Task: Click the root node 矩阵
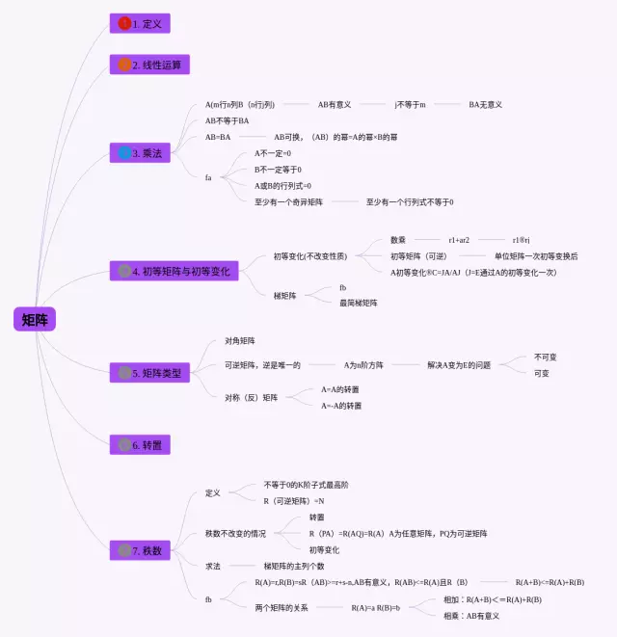tap(35, 320)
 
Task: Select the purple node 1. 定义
tap(142, 23)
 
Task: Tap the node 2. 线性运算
tap(149, 65)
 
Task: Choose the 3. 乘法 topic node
tap(142, 153)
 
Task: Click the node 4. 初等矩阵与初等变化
tap(173, 271)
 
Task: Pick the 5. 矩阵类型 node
tap(150, 372)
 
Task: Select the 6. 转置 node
tap(142, 444)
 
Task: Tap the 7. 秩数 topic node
tap(142, 550)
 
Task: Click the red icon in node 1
tap(124, 23)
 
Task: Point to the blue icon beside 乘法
tap(124, 153)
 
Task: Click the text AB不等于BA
tap(228, 120)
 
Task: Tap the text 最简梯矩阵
tap(359, 303)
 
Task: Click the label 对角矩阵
tap(240, 341)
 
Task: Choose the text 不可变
tap(546, 357)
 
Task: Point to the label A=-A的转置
tap(341, 406)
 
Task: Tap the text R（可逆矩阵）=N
tap(294, 501)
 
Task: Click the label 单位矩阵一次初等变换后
tap(536, 256)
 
